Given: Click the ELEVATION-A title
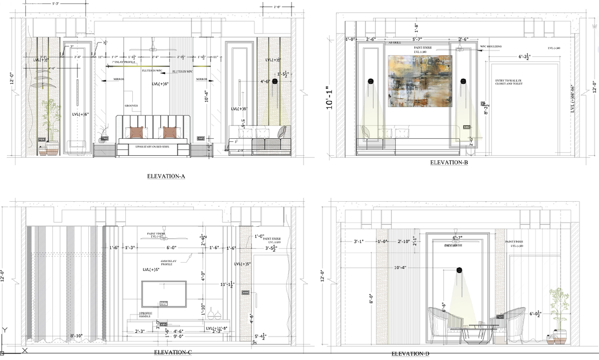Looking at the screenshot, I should tap(166, 176).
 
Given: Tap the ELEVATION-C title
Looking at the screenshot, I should tap(173, 353).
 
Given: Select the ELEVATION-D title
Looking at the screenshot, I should tap(410, 354).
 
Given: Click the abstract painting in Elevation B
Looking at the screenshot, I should tap(420, 81).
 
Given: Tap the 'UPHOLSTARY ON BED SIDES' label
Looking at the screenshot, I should tap(153, 146).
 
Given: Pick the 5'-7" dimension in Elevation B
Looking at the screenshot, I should tap(414, 39).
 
